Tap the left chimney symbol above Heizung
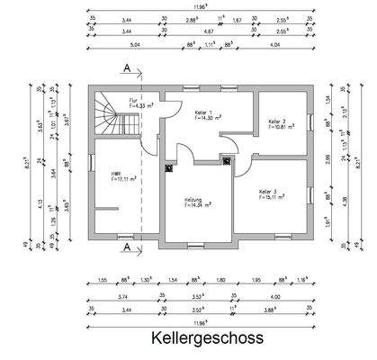pos(169,166)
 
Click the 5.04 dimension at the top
pos(111,41)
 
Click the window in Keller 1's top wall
pos(209,86)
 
